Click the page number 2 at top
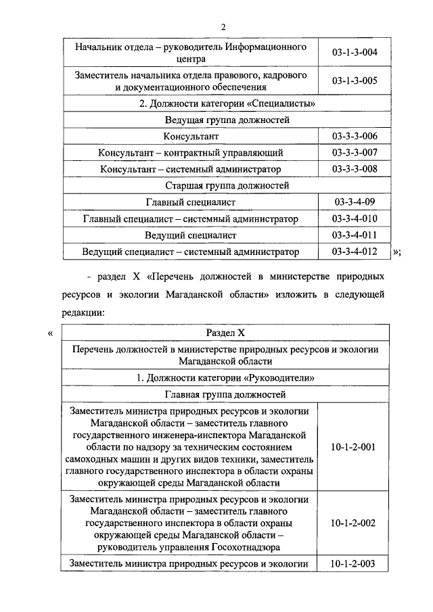[x=221, y=26]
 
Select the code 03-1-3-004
[x=355, y=53]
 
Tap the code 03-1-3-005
[x=355, y=81]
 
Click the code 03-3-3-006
[x=355, y=137]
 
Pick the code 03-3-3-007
[x=355, y=153]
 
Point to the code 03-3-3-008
[x=355, y=169]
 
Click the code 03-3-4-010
[x=355, y=218]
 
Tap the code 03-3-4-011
[x=355, y=235]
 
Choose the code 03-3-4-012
[x=355, y=252]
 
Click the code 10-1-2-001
[x=355, y=447]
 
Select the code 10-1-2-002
[x=355, y=523]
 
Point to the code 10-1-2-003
[x=355, y=564]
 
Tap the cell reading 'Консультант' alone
[x=190, y=137]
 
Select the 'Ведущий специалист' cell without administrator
[x=190, y=235]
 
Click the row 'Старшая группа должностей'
[x=227, y=185]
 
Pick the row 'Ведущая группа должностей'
[x=227, y=120]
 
